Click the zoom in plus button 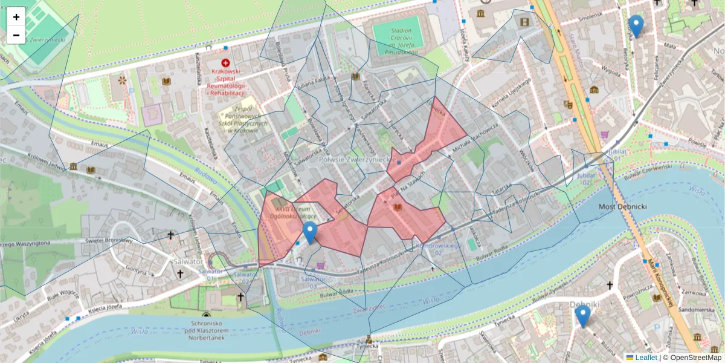pos(16,17)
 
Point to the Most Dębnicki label pos(623,207)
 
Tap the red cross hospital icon pos(225,63)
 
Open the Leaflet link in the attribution pos(645,358)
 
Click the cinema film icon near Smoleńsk pos(524,22)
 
